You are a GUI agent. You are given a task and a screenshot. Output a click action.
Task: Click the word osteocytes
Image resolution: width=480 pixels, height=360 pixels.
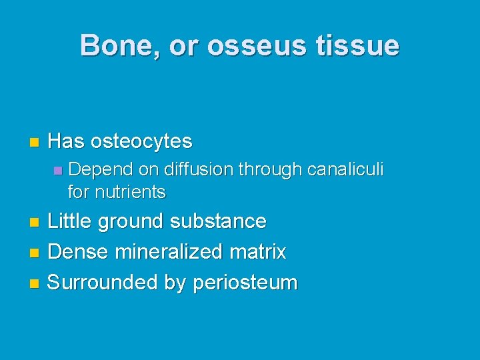(x=141, y=141)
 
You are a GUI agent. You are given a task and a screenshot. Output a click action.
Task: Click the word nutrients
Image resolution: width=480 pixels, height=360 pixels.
(x=131, y=193)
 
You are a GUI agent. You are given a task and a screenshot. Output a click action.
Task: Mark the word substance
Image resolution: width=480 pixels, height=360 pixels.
(x=219, y=221)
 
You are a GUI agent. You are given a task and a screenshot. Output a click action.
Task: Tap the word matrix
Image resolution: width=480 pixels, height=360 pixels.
(x=260, y=252)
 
